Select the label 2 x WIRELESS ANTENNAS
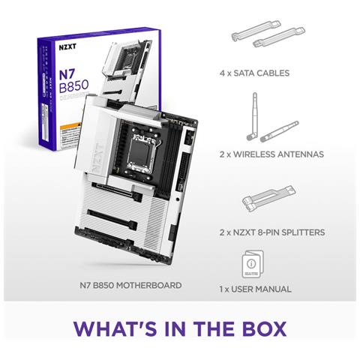[271, 154]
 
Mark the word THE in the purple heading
[212, 330]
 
